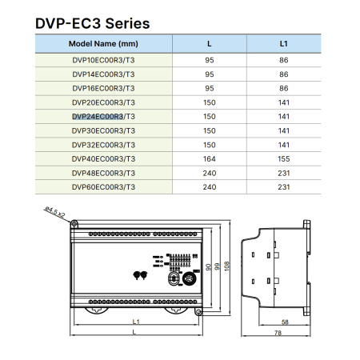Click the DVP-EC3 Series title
click(93, 23)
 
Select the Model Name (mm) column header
click(103, 44)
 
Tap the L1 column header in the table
click(284, 44)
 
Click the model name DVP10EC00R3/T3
click(103, 60)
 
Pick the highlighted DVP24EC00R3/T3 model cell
click(103, 117)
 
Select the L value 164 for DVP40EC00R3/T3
click(210, 159)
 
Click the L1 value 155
click(284, 159)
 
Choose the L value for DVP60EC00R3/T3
click(210, 187)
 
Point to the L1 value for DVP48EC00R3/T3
click(284, 173)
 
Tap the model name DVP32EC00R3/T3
click(103, 145)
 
